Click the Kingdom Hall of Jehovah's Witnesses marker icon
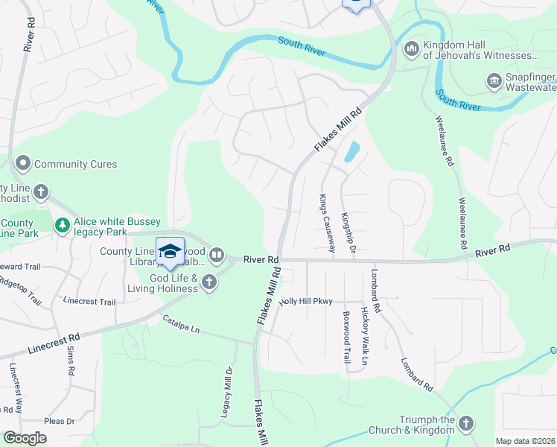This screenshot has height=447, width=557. point(410,49)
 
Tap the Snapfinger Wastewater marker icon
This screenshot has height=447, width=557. point(493,80)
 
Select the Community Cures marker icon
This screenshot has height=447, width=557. point(22,163)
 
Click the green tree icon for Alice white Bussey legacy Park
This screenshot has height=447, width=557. point(63,224)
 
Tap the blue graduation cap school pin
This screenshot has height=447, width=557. point(170,251)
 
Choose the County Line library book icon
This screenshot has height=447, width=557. point(216,256)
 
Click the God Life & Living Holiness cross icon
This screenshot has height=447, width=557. point(209,282)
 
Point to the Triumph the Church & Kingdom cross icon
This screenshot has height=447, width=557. point(465,424)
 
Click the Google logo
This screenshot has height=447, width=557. point(25,438)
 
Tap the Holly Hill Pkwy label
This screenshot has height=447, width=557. point(305,301)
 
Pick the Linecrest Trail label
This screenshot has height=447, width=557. point(89,302)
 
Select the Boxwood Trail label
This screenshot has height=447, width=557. point(346,334)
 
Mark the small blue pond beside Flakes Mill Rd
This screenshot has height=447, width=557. point(350,152)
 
